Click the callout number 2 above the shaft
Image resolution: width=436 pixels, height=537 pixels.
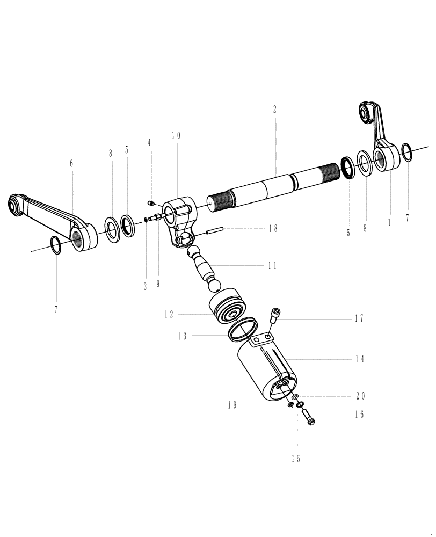(x=274, y=108)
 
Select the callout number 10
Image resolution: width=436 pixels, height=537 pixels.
(x=176, y=136)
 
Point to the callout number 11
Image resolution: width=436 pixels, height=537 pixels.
(x=272, y=265)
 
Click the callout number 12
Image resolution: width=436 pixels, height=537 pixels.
(x=169, y=315)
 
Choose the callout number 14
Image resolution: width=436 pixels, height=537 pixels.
(x=359, y=359)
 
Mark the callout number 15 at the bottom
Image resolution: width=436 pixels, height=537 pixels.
(x=296, y=459)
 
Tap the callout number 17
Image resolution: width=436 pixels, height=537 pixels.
(x=359, y=318)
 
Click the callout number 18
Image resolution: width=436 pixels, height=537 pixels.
(x=273, y=228)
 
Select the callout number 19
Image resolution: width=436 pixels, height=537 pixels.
(x=232, y=405)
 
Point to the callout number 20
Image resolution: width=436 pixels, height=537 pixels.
(x=359, y=396)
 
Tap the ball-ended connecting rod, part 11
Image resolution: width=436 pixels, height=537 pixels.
(x=206, y=266)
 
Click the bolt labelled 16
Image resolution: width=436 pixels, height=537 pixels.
(x=309, y=416)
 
